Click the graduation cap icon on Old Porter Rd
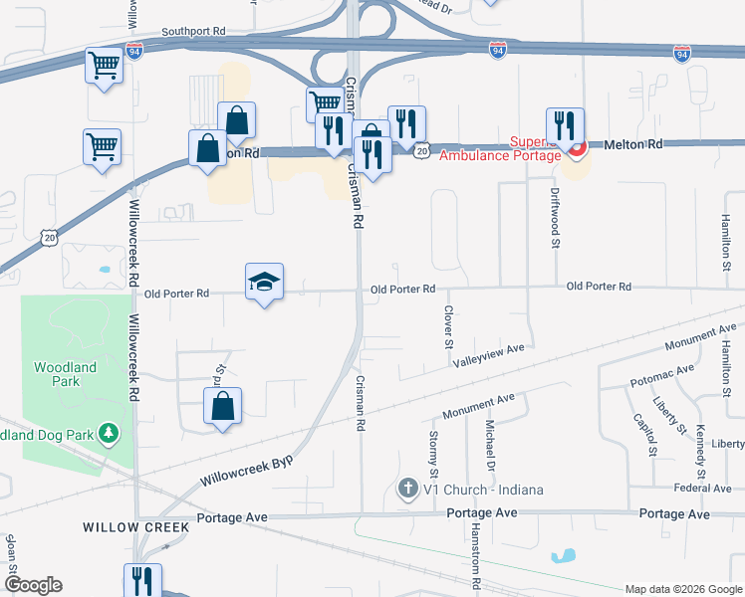tap(265, 283)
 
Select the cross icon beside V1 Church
tap(406, 489)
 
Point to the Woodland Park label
tap(65, 374)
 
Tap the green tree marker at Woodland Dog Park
tap(110, 434)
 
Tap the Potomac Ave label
tap(662, 375)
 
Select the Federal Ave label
tap(702, 488)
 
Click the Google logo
tap(33, 585)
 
